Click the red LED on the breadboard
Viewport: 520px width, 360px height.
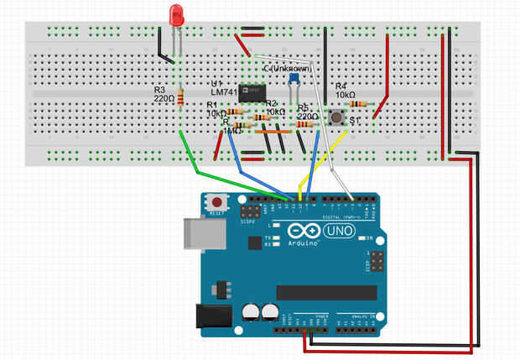[176, 14]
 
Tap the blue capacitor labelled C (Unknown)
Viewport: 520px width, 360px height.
[294, 80]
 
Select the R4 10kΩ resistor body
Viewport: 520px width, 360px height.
[359, 103]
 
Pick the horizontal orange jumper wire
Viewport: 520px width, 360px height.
[273, 132]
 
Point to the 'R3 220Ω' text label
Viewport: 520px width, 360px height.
[164, 93]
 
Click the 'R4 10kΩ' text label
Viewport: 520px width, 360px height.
[346, 91]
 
